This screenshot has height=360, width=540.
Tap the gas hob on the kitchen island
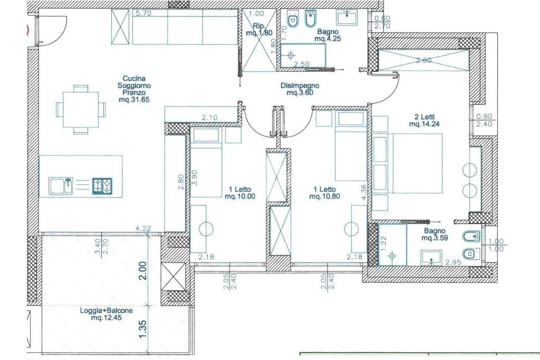[102, 186]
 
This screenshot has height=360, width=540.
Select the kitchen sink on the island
[61, 186]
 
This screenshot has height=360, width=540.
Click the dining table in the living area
[81, 109]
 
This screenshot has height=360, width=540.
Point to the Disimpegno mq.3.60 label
[300, 89]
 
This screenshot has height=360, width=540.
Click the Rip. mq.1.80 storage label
[259, 30]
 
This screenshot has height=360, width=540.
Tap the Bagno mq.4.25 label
[327, 35]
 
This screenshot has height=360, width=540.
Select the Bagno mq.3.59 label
[435, 235]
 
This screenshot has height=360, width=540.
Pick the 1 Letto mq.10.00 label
[240, 193]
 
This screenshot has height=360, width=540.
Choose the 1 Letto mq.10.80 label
[325, 193]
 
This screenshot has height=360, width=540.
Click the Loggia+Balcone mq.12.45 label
[106, 314]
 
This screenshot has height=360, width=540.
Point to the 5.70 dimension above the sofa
[143, 14]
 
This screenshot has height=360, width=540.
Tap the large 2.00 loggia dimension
[143, 270]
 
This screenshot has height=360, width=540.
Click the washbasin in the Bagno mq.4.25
[347, 17]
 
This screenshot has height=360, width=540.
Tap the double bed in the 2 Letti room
[407, 163]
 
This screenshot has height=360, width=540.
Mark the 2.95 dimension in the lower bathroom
[453, 262]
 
